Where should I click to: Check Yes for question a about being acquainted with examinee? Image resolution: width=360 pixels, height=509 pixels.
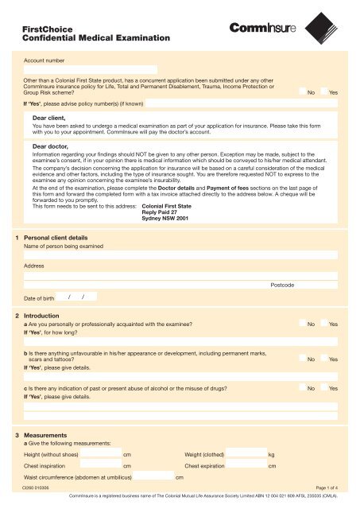point(323,324)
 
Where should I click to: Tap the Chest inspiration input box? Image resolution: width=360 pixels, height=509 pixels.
point(101,465)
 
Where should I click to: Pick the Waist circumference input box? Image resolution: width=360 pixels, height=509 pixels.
point(153,477)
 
